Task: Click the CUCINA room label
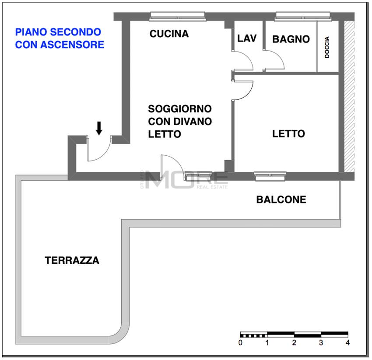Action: coord(169,34)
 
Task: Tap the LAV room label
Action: coord(246,38)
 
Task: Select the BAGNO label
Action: coord(291,39)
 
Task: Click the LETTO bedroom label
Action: coord(288,133)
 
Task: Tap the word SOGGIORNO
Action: coord(179,108)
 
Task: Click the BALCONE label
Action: coord(281,200)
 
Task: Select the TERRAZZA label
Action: coord(72,261)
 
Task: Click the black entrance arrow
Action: coord(99,128)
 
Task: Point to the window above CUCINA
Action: coord(177,16)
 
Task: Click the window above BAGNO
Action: coord(303,16)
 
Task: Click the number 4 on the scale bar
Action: coord(347,343)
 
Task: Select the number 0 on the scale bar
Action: coord(241,343)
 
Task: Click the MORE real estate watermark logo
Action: coord(186,180)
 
